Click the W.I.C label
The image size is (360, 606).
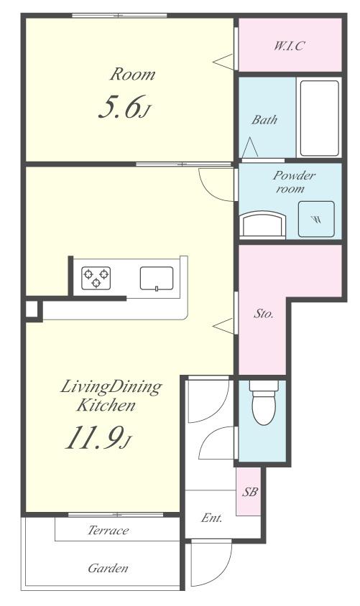(x=290, y=46)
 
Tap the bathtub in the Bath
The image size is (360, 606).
(x=319, y=118)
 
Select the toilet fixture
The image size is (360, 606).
(x=264, y=402)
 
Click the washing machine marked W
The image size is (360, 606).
(x=316, y=219)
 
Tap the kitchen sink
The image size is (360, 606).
(x=157, y=279)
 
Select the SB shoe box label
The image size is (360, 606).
(x=249, y=492)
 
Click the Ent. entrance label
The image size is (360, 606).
(x=212, y=518)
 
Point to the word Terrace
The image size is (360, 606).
(x=108, y=530)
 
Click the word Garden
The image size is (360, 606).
(x=108, y=568)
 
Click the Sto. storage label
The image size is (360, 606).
(x=263, y=314)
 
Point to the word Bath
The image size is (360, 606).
(x=264, y=120)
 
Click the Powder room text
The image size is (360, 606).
(x=294, y=182)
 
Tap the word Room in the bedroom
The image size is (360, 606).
(x=133, y=74)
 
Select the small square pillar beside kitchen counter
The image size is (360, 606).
(x=32, y=309)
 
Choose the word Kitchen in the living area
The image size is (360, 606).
(x=106, y=406)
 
